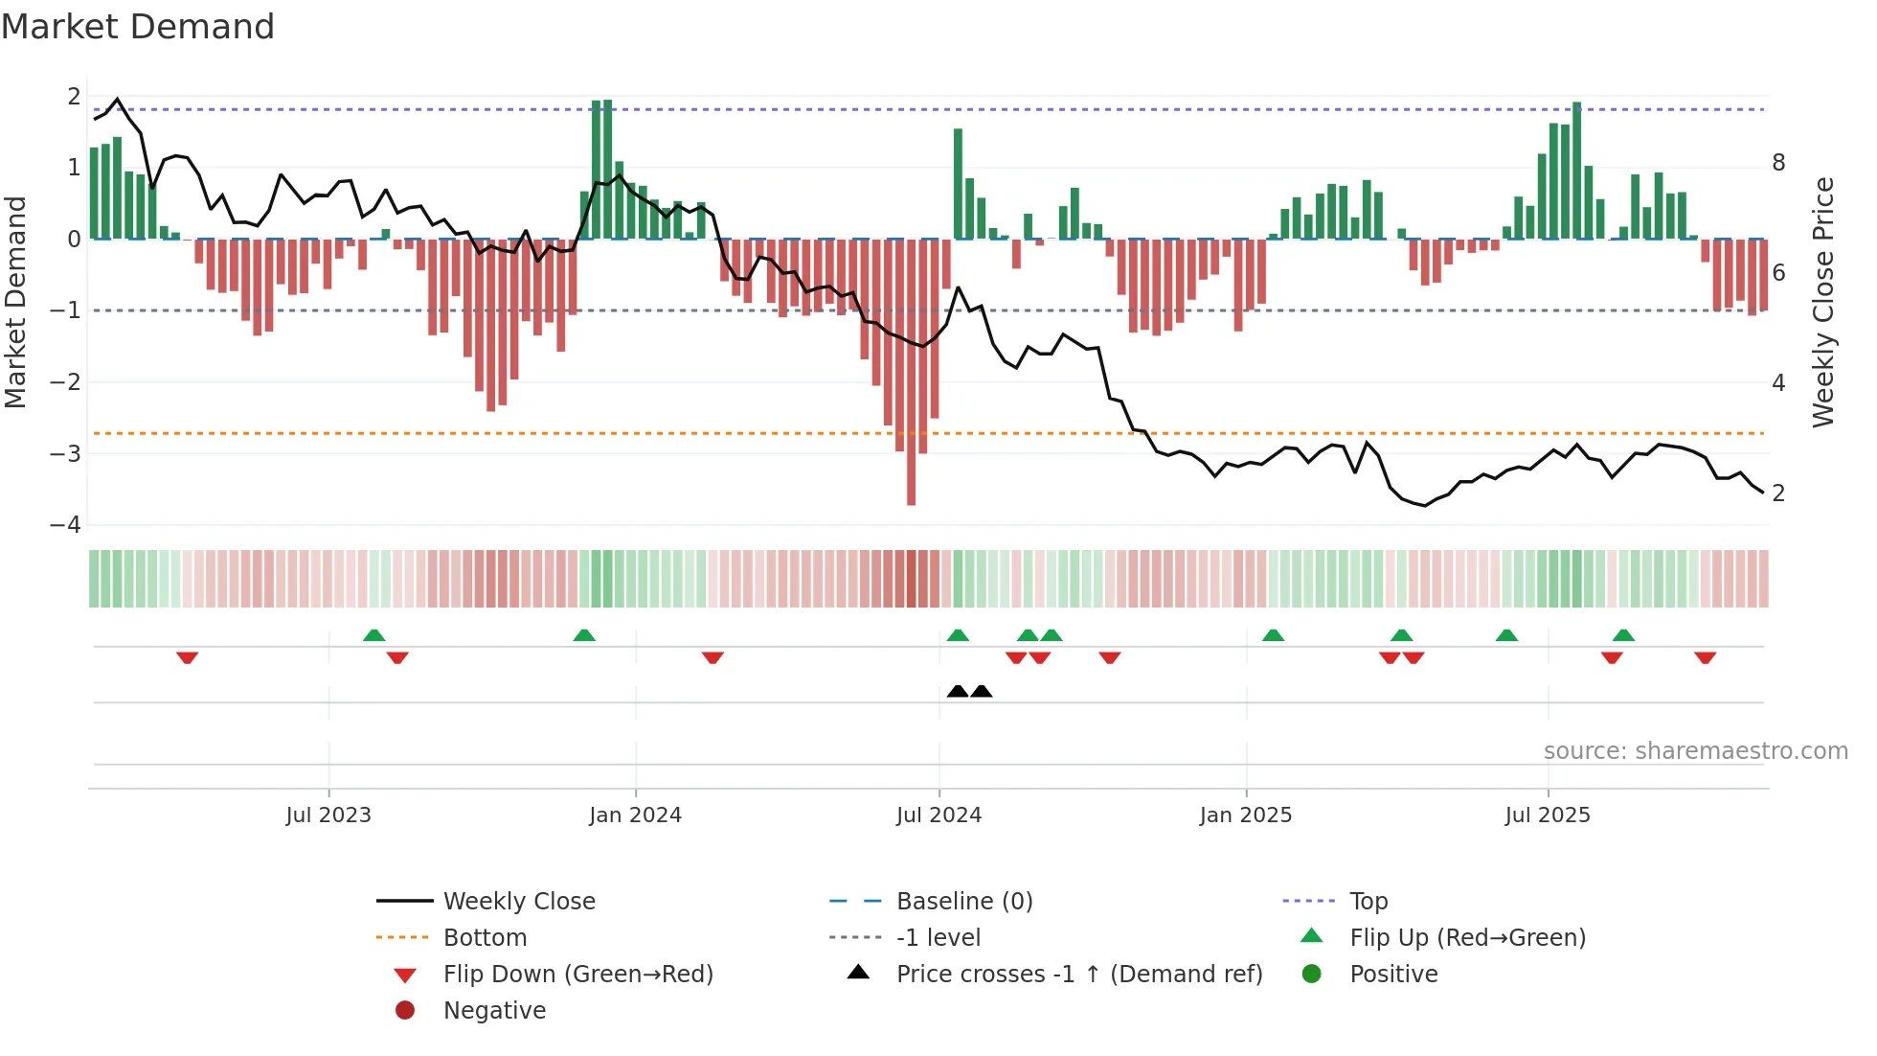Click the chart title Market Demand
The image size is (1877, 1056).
(x=138, y=27)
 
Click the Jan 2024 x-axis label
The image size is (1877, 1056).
(x=635, y=815)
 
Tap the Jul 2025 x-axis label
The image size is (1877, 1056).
(x=1547, y=815)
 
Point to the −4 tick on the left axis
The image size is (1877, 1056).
(x=66, y=525)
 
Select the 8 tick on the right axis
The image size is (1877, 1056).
(x=1778, y=163)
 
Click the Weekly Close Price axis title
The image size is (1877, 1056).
(x=1823, y=302)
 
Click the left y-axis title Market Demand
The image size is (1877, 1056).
(x=16, y=302)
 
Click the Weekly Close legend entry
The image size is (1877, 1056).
(x=518, y=902)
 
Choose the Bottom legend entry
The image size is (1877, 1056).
(x=485, y=938)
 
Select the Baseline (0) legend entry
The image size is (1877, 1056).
(x=963, y=902)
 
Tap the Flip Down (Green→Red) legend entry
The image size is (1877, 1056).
(x=577, y=975)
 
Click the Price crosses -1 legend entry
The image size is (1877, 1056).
(x=1078, y=975)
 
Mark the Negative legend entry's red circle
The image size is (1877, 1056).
(x=405, y=1011)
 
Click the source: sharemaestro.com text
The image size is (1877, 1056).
(x=1695, y=751)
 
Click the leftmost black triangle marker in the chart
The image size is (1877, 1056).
(x=958, y=691)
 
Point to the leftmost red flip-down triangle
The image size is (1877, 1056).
(x=188, y=657)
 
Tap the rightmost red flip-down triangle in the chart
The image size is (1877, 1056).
(x=1705, y=657)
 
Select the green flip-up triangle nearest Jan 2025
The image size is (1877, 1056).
(x=1273, y=635)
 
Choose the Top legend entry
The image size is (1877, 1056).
(x=1368, y=902)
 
